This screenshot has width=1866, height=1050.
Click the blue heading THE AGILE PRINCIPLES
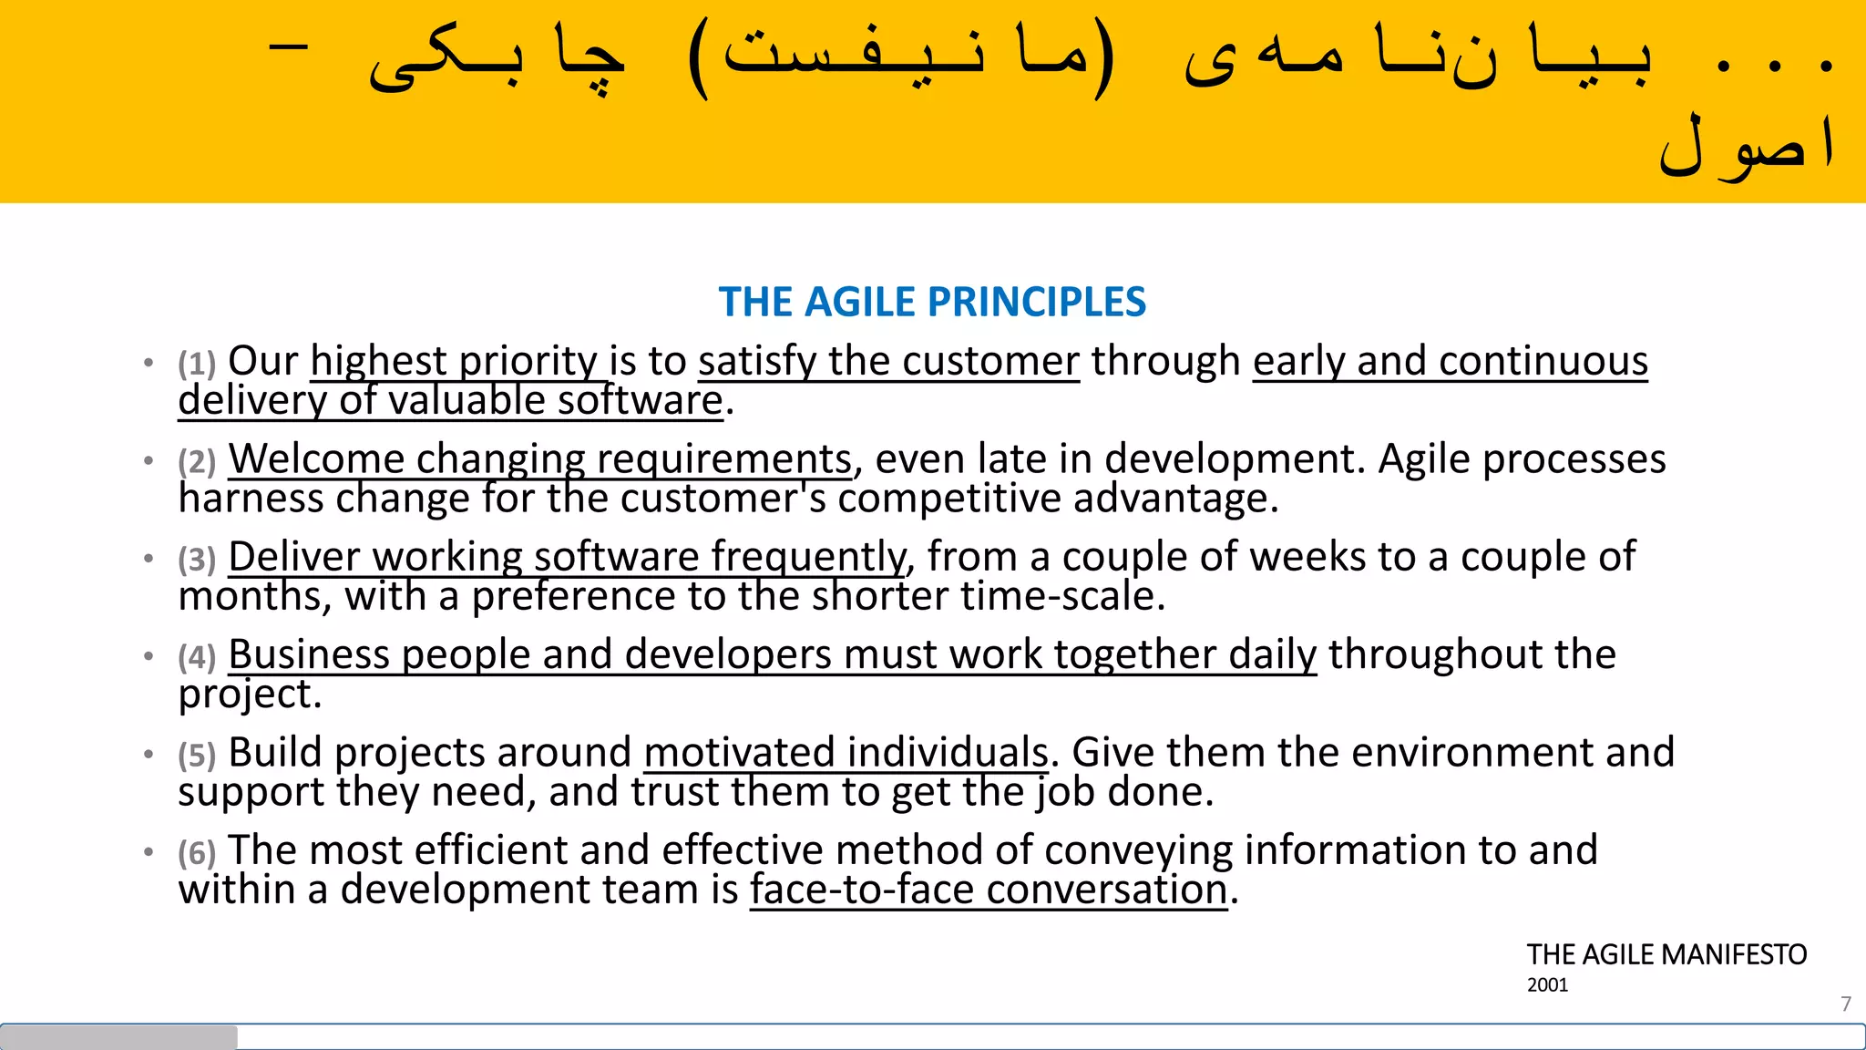click(x=932, y=302)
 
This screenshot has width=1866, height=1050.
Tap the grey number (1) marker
click(x=197, y=364)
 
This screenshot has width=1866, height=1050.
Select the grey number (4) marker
click(x=197, y=657)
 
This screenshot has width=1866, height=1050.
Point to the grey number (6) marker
click(x=197, y=853)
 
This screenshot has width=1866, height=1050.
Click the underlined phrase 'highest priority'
click(x=454, y=361)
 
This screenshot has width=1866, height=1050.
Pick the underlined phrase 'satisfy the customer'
click(x=888, y=361)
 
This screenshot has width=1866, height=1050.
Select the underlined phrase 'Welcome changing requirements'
click(x=539, y=458)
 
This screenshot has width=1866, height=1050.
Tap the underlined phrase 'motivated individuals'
click(x=846, y=753)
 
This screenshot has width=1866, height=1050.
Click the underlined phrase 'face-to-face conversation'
click(x=989, y=890)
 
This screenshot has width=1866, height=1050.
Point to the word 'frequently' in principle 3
click(x=808, y=557)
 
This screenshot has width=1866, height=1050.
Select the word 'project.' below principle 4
click(x=250, y=695)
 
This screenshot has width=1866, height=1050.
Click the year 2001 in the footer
click(x=1547, y=985)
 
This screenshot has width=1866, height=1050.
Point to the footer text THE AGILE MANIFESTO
click(x=1666, y=954)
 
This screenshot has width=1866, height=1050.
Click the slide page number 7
click(x=1846, y=1004)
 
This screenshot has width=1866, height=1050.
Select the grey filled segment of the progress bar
click(x=118, y=1036)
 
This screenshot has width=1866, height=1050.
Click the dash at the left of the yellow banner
click(x=289, y=46)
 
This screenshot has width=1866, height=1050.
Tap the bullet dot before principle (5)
click(x=149, y=754)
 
